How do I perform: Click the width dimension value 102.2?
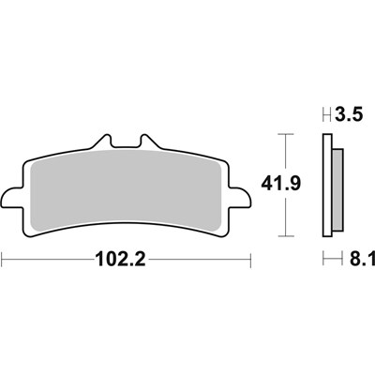coord(127,257)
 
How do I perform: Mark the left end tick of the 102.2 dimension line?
coord(3,257)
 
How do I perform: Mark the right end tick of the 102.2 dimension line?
coord(250,257)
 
